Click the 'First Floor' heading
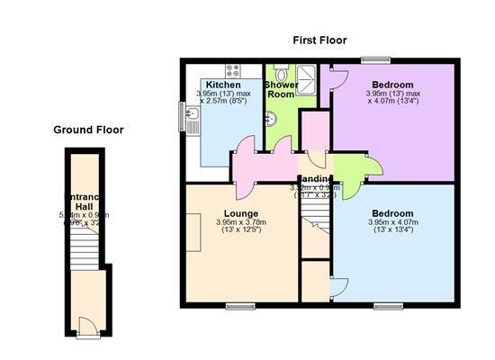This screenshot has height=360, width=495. [x=319, y=40]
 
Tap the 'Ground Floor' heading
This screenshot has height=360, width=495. [x=88, y=130]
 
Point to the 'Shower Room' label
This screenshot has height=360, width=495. [x=282, y=90]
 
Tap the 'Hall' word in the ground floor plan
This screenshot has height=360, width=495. [x=84, y=206]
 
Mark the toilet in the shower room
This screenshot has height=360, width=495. [x=281, y=73]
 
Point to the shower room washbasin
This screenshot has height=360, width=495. [x=271, y=116]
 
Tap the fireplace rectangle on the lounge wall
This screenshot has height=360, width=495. [x=193, y=233]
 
